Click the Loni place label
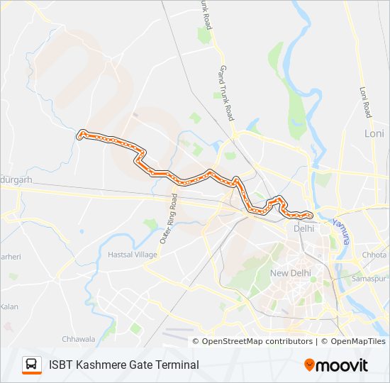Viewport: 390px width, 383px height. coord(374,133)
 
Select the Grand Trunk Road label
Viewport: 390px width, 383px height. coord(227,93)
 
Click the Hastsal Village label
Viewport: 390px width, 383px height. coord(132,254)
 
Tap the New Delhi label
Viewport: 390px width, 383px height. coord(290,273)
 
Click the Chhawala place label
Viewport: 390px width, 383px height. coord(77,339)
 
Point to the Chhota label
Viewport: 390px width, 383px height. coord(374,255)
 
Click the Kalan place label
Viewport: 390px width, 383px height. coord(9,306)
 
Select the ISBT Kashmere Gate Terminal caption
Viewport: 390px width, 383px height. coord(124,365)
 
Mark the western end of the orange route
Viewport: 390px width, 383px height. coord(82,133)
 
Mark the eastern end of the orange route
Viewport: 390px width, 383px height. coord(310,214)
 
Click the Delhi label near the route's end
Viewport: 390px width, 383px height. coord(303,228)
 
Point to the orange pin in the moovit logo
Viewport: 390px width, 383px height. coord(310,365)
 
